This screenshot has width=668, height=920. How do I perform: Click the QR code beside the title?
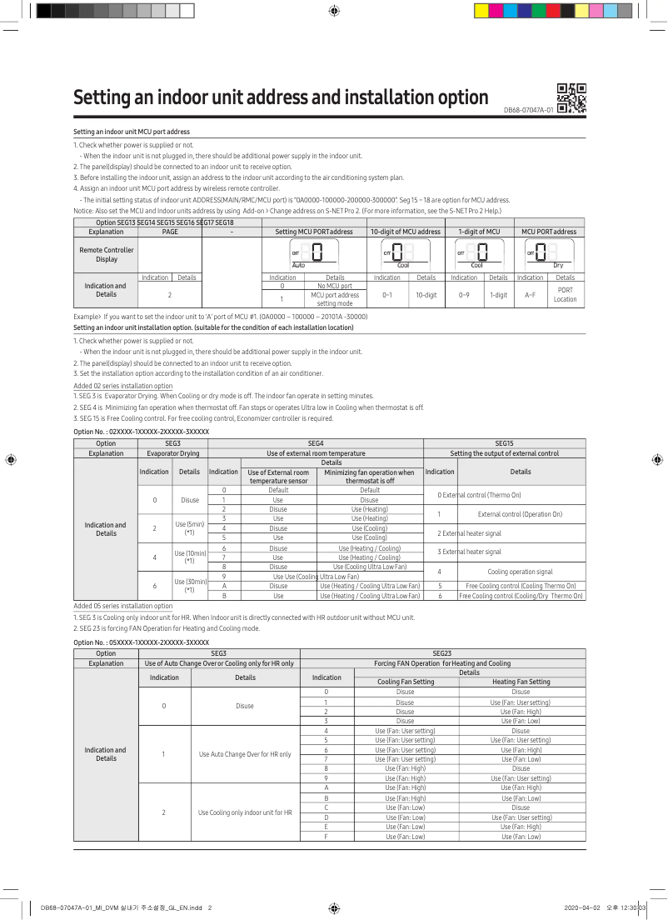[571, 98]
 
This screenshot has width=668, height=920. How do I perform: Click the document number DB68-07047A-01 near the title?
[528, 110]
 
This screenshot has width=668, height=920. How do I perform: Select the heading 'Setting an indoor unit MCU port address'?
[132, 132]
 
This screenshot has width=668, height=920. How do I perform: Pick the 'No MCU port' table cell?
[335, 286]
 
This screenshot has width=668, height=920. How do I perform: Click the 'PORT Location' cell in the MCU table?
[565, 295]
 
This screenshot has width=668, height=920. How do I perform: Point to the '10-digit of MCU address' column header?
[406, 232]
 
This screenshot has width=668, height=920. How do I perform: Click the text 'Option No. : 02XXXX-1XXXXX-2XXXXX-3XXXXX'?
[141, 432]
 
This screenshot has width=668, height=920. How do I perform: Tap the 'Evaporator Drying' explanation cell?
[172, 453]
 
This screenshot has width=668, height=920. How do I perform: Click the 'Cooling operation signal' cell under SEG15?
[520, 572]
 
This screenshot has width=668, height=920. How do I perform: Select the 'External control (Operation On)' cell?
[520, 514]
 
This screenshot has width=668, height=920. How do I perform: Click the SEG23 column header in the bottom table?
[442, 653]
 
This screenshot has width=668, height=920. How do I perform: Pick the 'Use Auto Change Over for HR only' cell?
[245, 754]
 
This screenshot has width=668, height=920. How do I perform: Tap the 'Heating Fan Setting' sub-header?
[521, 682]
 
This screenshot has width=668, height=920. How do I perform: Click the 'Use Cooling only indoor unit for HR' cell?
[245, 812]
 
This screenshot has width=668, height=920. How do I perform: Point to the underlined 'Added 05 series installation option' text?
[123, 606]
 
